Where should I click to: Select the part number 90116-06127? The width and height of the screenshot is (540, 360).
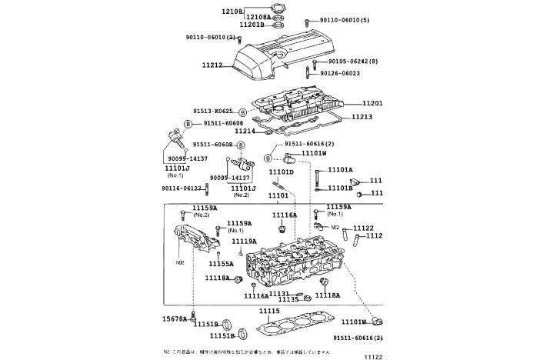[182, 188]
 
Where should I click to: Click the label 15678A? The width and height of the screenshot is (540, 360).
[174, 318]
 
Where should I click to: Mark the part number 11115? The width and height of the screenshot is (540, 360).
[269, 311]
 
